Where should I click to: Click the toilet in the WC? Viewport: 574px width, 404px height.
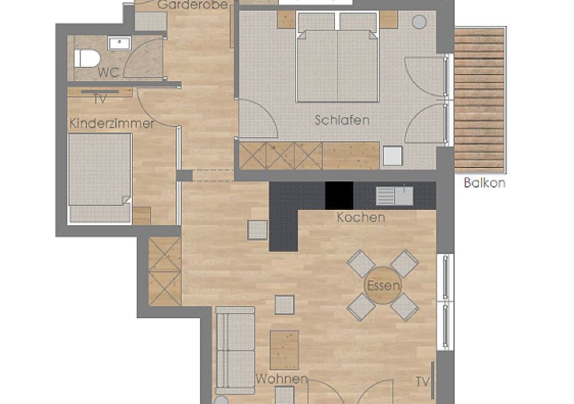point(87,59)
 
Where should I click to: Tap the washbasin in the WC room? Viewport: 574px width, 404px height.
point(119,43)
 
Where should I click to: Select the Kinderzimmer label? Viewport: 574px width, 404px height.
point(112,123)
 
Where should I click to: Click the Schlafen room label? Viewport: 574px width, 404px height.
point(342,120)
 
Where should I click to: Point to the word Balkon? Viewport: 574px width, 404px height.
point(485,182)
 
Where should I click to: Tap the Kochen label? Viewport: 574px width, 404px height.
point(361,217)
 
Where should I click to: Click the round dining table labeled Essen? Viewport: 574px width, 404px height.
point(383,286)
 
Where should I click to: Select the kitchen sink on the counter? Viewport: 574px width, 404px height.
point(395,196)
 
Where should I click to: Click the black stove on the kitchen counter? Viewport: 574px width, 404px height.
point(339,195)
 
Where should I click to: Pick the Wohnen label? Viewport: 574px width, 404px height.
point(281,379)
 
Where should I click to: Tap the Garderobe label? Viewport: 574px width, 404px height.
point(193,4)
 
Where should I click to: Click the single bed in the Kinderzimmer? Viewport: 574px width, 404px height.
point(100,178)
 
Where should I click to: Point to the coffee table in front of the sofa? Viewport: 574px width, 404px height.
point(284,351)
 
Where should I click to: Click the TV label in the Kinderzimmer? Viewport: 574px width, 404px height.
point(100,99)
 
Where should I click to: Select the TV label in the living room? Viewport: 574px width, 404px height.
point(422,382)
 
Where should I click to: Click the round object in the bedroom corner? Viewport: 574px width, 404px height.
point(419,22)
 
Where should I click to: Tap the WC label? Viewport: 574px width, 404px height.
point(109,72)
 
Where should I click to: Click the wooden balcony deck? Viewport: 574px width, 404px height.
point(480,100)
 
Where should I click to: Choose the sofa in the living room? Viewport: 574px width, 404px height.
point(235,351)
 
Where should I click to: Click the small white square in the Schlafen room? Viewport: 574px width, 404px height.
point(392,156)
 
